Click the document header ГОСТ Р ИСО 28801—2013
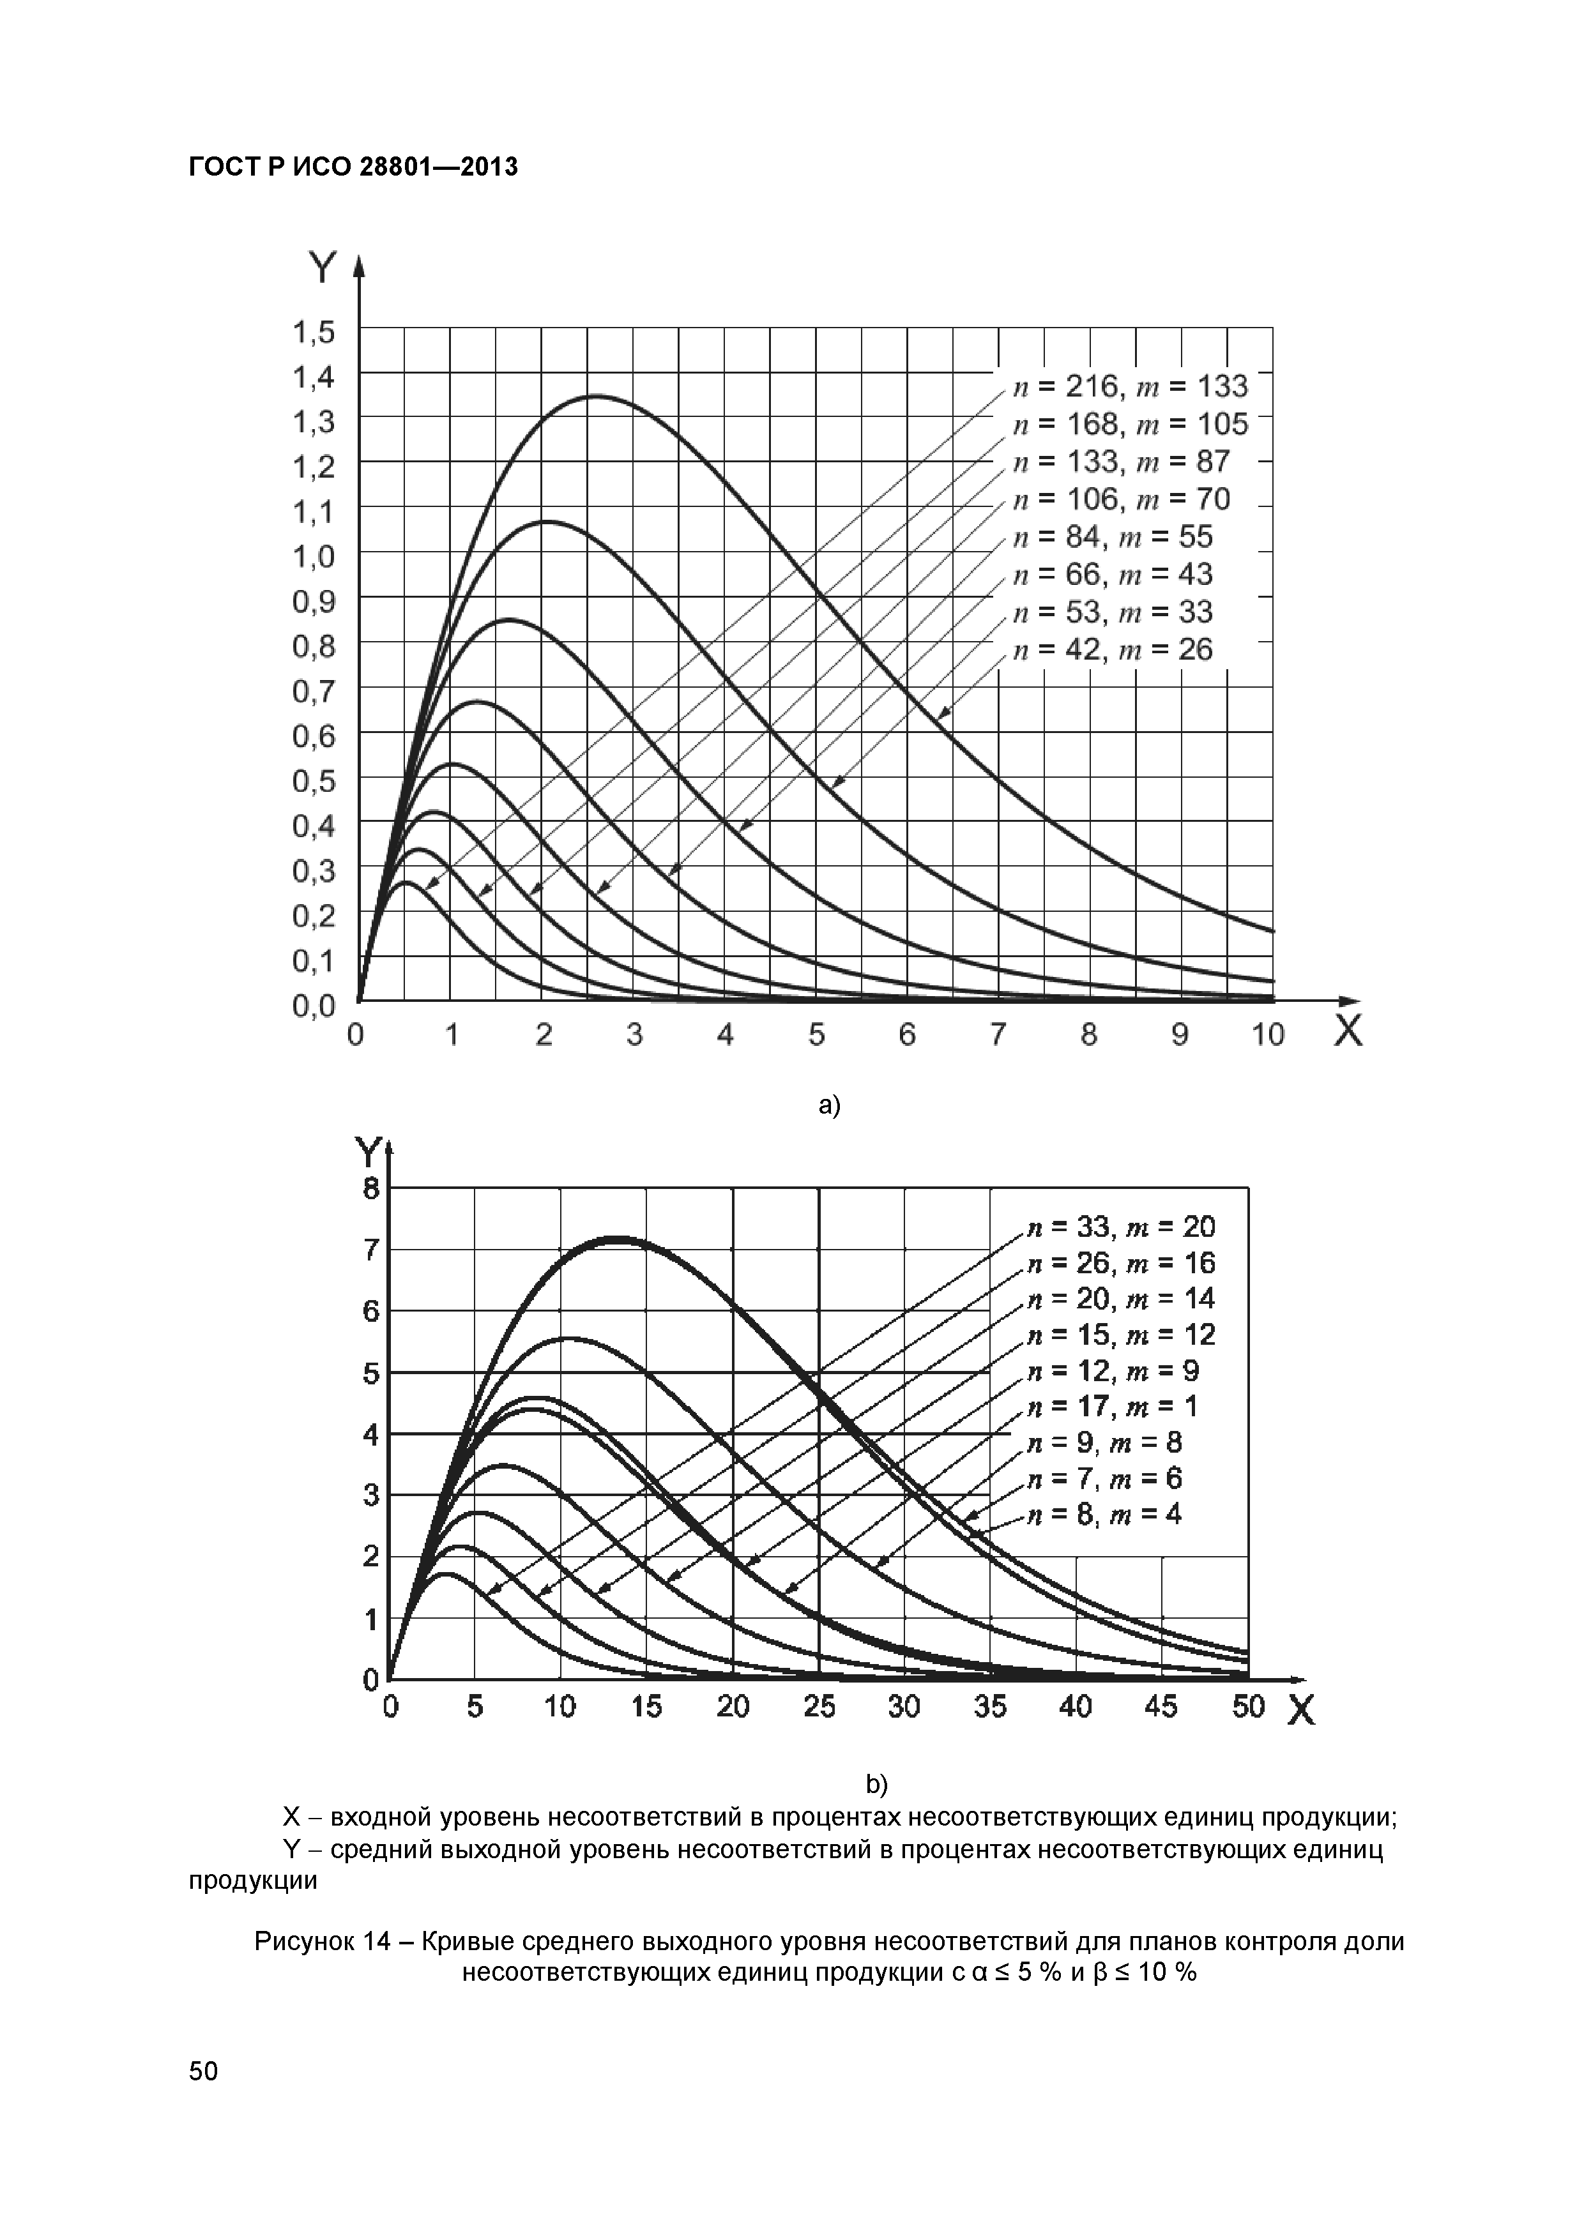(x=353, y=168)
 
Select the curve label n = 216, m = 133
(x=1130, y=388)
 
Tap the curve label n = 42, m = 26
(x=1113, y=650)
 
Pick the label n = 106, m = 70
(x=1122, y=499)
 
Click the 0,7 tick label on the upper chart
(x=313, y=692)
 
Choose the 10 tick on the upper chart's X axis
(x=1268, y=1034)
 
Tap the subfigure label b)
(x=876, y=1784)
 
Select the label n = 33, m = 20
(x=1122, y=1227)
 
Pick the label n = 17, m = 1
(x=1113, y=1406)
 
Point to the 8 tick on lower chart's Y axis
(x=371, y=1188)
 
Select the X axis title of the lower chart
(x=1301, y=1710)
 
